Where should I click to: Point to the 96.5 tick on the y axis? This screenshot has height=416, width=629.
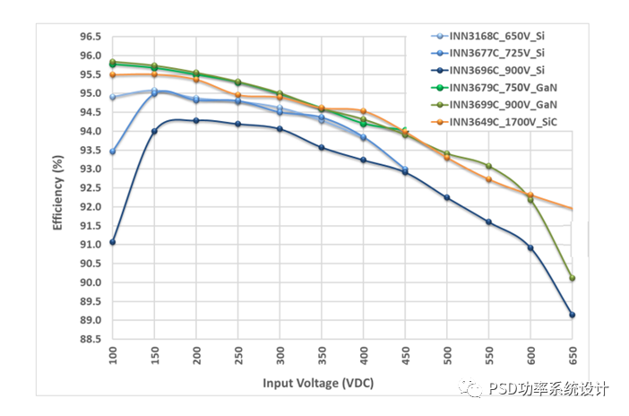pyautogui.click(x=90, y=37)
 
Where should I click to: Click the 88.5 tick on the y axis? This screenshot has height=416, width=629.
pyautogui.click(x=90, y=339)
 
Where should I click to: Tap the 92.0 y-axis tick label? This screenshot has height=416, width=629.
pyautogui.click(x=90, y=207)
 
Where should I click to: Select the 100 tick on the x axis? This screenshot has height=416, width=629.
pyautogui.click(x=112, y=355)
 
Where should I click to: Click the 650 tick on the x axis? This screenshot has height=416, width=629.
pyautogui.click(x=572, y=355)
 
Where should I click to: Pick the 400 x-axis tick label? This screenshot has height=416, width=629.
pyautogui.click(x=363, y=355)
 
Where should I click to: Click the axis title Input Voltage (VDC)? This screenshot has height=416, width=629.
pyautogui.click(x=318, y=383)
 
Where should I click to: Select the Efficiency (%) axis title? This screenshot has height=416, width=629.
pyautogui.click(x=58, y=193)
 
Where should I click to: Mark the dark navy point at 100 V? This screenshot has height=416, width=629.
pyautogui.click(x=112, y=242)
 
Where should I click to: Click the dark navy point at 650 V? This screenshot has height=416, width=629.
pyautogui.click(x=572, y=315)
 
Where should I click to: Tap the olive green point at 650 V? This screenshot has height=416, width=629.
pyautogui.click(x=572, y=278)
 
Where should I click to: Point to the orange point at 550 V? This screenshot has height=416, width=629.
pyautogui.click(x=488, y=179)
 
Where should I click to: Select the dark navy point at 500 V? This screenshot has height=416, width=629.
pyautogui.click(x=446, y=197)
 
